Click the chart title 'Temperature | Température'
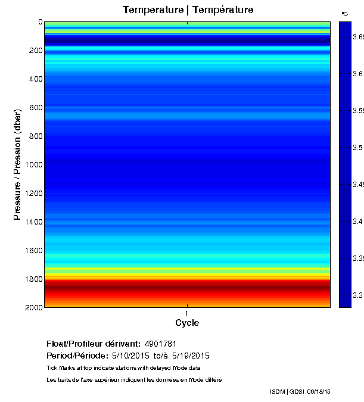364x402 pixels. pyautogui.click(x=188, y=10)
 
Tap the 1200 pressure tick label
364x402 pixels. pyautogui.click(x=33, y=194)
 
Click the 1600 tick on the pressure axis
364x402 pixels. pyautogui.click(x=33, y=251)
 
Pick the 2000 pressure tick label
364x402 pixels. pyautogui.click(x=33, y=307)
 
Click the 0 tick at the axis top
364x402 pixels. pyautogui.click(x=40, y=22)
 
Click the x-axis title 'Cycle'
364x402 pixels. pyautogui.click(x=187, y=323)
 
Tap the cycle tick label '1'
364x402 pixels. pyautogui.click(x=187, y=313)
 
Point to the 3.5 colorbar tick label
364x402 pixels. pyautogui.click(x=357, y=148)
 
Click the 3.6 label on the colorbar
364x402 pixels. pyautogui.click(x=357, y=74)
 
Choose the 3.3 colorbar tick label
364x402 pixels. pyautogui.click(x=357, y=295)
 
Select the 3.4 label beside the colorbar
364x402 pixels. pyautogui.click(x=357, y=222)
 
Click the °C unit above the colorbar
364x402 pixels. pyautogui.click(x=344, y=14)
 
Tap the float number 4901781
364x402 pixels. pyautogui.click(x=160, y=344)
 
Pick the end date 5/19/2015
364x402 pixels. pyautogui.click(x=191, y=356)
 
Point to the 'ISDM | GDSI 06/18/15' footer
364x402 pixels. pyautogui.click(x=300, y=392)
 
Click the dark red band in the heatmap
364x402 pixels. pyautogui.click(x=187, y=287)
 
